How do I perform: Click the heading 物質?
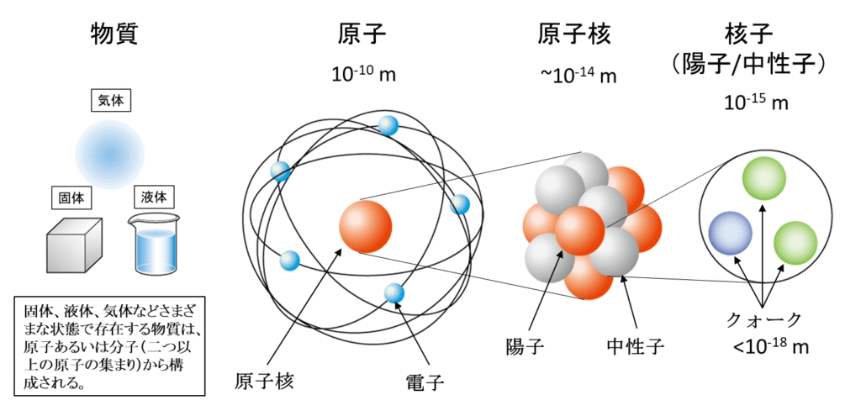(x=114, y=34)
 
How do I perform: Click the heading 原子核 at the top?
(x=574, y=34)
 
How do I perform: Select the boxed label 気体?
(x=111, y=101)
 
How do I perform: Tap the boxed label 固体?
(x=68, y=200)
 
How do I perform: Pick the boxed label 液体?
(x=155, y=200)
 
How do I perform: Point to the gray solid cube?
(x=73, y=245)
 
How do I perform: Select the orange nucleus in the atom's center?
(x=365, y=226)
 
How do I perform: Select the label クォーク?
(x=763, y=319)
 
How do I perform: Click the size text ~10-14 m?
(x=578, y=75)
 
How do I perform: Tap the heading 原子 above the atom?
(x=362, y=34)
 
